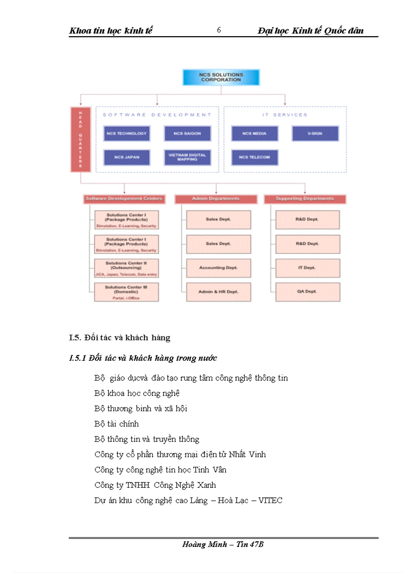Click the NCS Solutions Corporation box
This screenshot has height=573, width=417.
tap(221, 77)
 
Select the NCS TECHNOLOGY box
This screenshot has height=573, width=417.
tap(126, 134)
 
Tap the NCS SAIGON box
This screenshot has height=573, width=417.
tap(187, 134)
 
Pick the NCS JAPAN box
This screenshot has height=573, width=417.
tap(126, 157)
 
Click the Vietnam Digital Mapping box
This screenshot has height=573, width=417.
tap(187, 157)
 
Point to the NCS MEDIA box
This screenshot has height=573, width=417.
tap(254, 134)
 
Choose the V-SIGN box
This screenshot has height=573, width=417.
tap(315, 134)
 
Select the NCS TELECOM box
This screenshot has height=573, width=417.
tap(254, 157)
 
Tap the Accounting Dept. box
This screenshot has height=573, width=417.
tap(218, 267)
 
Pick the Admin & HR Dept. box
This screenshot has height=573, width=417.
tap(218, 291)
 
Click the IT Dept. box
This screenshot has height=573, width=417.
tap(307, 267)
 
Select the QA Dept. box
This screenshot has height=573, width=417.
tap(307, 291)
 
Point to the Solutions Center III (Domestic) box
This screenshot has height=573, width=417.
tap(126, 292)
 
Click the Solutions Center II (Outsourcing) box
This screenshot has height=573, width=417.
tap(126, 268)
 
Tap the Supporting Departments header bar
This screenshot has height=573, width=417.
tap(305, 198)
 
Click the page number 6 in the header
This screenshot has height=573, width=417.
tap(219, 30)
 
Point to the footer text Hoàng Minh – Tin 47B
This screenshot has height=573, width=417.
tap(223, 544)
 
